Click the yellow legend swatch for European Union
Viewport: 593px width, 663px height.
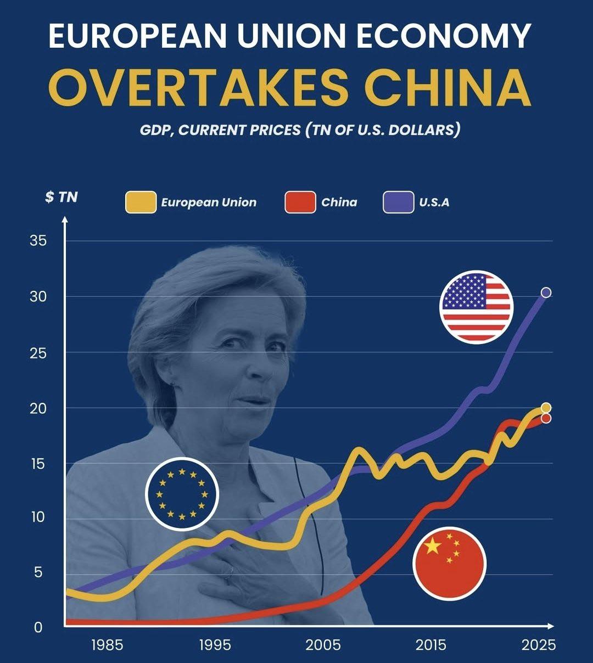[141, 202]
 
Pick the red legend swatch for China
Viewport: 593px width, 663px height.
[300, 202]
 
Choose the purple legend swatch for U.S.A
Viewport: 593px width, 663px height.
[398, 202]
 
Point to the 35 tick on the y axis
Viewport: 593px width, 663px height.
[38, 241]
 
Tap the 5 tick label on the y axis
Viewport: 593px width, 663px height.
[38, 572]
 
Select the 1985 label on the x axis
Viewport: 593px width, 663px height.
[107, 644]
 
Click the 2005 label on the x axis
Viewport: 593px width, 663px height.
[323, 644]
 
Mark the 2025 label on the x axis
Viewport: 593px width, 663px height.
[539, 644]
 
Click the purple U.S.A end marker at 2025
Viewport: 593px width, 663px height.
[546, 293]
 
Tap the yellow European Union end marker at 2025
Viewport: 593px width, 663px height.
[546, 408]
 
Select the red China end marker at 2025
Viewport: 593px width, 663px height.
[546, 419]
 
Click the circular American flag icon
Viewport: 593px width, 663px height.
[476, 307]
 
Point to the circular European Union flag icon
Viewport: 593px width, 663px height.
[182, 493]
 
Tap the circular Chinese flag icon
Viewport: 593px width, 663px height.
[449, 563]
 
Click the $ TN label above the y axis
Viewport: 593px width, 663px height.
[61, 197]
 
